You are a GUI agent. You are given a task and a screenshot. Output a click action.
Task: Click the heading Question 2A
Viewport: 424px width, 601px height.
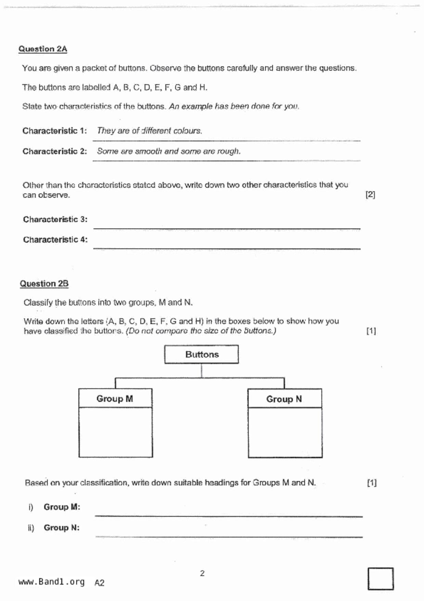[x=43, y=49]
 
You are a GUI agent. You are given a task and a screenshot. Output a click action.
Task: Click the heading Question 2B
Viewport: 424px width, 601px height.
[x=44, y=284]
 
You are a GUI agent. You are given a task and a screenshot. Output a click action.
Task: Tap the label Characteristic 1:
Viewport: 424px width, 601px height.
[x=55, y=131]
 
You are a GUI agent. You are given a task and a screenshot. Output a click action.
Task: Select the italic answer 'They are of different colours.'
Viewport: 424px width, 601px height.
[x=150, y=131]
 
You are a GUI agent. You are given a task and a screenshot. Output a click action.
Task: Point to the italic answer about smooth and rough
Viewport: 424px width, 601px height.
[x=169, y=151]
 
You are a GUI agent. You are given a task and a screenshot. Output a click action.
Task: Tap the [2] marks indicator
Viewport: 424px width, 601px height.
[x=370, y=195]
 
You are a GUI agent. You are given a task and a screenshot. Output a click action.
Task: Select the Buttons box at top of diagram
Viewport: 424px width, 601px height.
[x=202, y=354]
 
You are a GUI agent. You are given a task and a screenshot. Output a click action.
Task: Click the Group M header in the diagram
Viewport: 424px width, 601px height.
[x=115, y=398]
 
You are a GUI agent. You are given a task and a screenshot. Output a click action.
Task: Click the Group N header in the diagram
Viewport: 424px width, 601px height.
[x=284, y=399]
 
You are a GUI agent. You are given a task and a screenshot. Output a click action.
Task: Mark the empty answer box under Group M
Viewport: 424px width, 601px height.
[x=116, y=432]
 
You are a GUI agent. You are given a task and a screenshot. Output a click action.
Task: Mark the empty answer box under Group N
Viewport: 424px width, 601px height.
[x=285, y=432]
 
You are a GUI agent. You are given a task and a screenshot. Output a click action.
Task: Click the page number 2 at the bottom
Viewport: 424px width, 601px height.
[x=202, y=573]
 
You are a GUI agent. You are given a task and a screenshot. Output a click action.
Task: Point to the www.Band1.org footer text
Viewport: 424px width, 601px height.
[x=51, y=582]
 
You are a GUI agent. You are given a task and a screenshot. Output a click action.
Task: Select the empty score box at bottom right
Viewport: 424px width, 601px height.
[x=381, y=579]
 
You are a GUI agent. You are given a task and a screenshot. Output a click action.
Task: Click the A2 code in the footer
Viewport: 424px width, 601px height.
[x=99, y=583]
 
